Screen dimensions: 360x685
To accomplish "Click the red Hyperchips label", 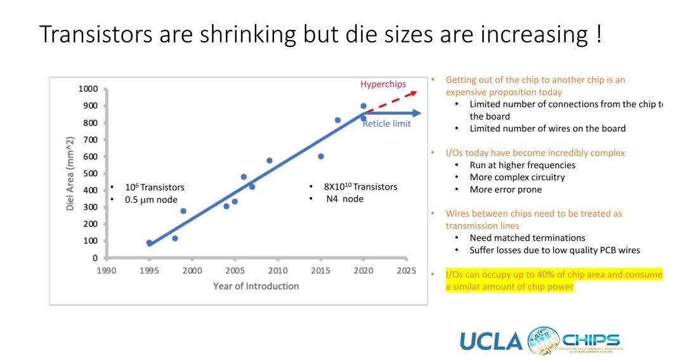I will coord(383,84).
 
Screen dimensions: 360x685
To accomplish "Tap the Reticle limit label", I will coord(386,124).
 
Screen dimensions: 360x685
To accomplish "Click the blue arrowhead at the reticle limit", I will coord(417,113).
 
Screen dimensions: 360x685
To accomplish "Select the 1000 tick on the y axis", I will coord(88,89).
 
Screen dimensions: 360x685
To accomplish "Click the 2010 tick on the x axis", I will coord(278,271).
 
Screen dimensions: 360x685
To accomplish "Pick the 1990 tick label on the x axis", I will coord(107,271).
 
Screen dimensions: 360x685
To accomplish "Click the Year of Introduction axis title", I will coord(256,286).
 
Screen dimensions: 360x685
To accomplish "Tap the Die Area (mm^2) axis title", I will coord(70,173).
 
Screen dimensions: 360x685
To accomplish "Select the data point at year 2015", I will coord(321,157).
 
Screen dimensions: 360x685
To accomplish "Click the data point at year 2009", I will coord(270,160).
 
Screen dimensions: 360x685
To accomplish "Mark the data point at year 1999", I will coord(183,211).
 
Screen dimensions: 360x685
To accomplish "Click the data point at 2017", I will coord(337,120).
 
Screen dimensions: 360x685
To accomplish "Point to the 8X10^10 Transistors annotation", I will coord(360,187).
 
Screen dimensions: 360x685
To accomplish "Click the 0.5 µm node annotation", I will coord(151,200).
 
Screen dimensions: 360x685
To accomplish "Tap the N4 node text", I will coord(344,199).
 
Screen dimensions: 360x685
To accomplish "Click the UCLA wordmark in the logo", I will coord(491,342).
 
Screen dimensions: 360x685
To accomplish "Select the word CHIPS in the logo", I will coord(591,339).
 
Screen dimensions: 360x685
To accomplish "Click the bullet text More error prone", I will coord(506,190).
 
